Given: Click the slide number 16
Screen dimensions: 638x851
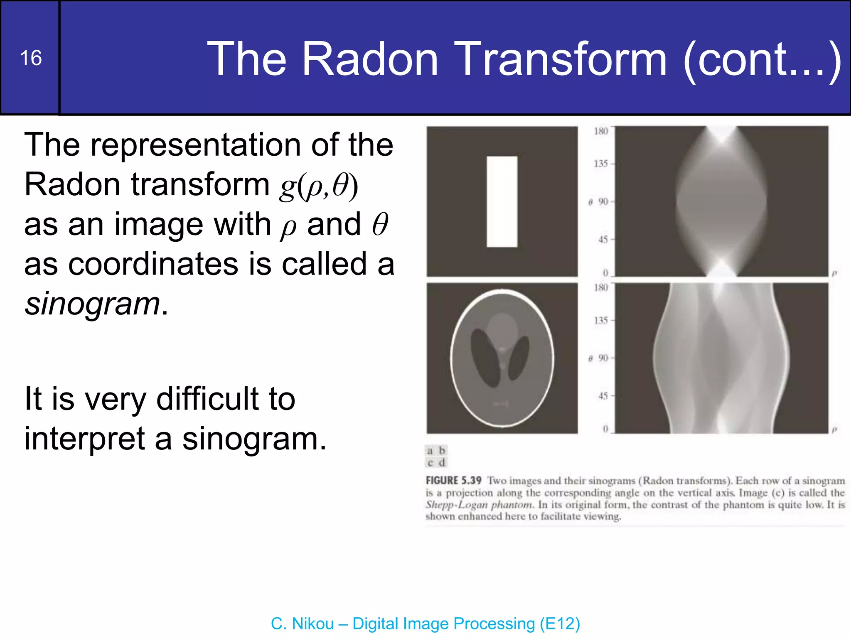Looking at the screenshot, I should [31, 58].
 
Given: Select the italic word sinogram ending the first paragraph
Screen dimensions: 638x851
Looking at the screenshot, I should [92, 304].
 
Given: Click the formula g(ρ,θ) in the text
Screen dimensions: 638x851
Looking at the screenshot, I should [318, 186].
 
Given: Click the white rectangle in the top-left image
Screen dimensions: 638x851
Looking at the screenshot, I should [502, 201].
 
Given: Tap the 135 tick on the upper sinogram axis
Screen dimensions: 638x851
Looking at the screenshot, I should [601, 164].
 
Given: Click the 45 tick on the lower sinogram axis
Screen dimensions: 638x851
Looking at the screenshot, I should [603, 396].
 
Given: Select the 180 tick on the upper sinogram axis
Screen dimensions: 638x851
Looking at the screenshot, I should [601, 131].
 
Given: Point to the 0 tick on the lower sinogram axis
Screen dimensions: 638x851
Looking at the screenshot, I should [605, 429].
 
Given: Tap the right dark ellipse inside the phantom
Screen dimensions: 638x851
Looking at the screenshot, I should [519, 358].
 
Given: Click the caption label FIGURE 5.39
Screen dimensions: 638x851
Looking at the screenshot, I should [453, 481].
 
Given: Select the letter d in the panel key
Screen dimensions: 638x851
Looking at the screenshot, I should [442, 462].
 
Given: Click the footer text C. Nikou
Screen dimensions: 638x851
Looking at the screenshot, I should [302, 623].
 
